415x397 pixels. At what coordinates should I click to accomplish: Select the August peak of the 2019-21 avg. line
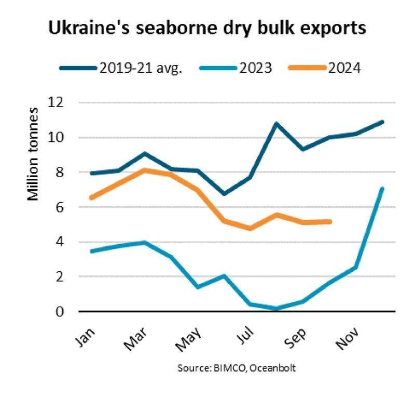[x=276, y=124]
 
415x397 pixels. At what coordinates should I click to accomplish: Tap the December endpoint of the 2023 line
[x=382, y=189]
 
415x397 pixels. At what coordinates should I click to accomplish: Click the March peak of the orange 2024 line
[x=145, y=170]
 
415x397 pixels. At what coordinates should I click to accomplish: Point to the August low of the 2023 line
[x=276, y=308]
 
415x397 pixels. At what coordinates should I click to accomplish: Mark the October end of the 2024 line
[x=330, y=221]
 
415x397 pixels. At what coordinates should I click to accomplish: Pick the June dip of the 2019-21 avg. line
[x=224, y=194]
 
